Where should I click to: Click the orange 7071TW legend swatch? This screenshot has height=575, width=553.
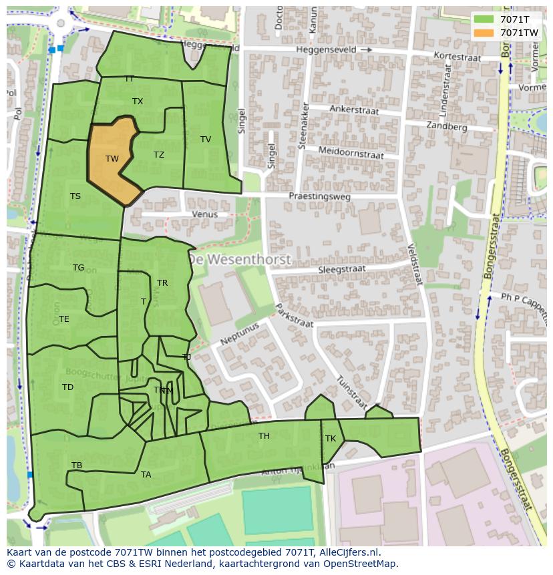point(485,32)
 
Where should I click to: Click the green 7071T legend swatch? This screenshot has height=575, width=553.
point(485,19)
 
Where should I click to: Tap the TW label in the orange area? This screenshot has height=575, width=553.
point(112,159)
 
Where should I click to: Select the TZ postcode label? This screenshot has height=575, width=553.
point(159,155)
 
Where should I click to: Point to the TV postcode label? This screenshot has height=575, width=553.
point(206,140)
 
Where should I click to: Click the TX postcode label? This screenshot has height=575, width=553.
point(138,102)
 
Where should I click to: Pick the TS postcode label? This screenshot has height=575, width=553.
point(75,196)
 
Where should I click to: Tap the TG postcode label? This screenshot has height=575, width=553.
point(79,268)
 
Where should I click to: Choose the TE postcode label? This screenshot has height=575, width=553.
point(64,319)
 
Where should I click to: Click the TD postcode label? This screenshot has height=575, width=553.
point(67,387)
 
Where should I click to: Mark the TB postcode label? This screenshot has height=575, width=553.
point(77,465)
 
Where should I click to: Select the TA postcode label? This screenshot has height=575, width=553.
point(146,475)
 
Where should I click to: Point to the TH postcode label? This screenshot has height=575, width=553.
point(264,436)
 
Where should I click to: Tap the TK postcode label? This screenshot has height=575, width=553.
point(331,439)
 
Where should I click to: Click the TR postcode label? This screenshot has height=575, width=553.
point(162,283)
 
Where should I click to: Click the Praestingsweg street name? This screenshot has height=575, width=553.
point(319,196)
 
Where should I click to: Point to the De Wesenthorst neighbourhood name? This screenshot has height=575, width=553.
point(239,259)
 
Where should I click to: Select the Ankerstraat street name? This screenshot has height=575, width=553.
point(354,111)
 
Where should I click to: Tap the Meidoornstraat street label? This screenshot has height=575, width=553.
point(351,153)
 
